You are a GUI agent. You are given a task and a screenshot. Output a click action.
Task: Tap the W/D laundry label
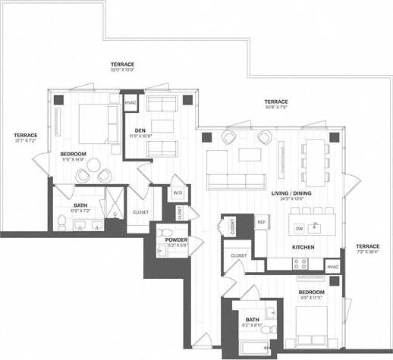pos(178,193)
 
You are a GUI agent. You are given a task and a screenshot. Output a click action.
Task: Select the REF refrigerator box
pos(261,221)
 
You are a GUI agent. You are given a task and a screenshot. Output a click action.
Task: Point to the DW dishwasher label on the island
pos(299,227)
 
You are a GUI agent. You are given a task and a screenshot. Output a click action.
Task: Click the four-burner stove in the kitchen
pos(300,265)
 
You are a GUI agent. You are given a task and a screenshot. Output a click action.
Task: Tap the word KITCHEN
pos(304,248)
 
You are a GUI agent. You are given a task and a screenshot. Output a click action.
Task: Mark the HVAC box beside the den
pos(130,102)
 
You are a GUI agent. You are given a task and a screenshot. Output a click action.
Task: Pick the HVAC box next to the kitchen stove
pos(332,266)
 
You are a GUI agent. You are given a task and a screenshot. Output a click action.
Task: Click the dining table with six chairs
pos(314,161)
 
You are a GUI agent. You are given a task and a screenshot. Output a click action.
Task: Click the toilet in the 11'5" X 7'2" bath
pos(61,221)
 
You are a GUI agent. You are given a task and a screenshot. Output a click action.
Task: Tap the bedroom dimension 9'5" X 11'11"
pos(311,298)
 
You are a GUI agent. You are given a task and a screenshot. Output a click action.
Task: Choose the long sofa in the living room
pos(237,180)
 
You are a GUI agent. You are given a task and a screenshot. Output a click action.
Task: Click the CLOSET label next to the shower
pos(140,212)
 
